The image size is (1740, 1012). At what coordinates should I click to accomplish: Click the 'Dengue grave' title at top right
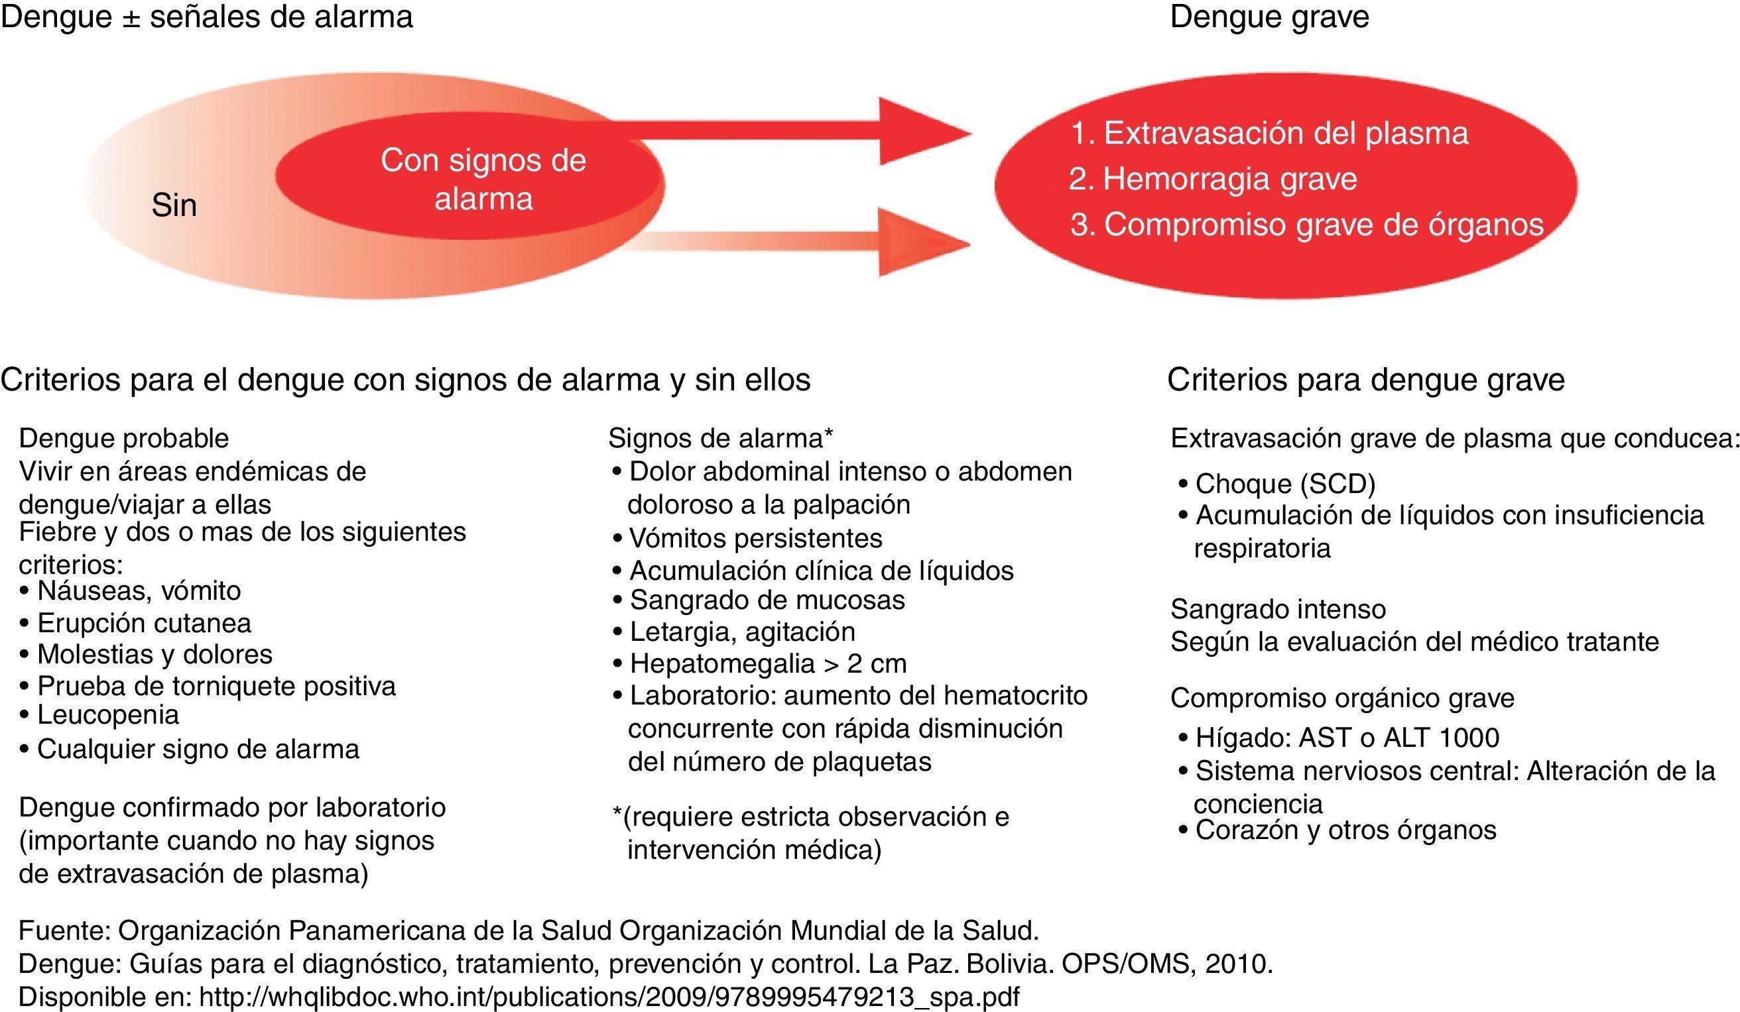click(x=1269, y=17)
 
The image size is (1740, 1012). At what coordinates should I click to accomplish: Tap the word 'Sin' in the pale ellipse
click(x=174, y=205)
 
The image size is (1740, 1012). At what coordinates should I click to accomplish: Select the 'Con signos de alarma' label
click(x=483, y=180)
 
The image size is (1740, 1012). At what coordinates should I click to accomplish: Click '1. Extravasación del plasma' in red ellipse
click(x=1269, y=133)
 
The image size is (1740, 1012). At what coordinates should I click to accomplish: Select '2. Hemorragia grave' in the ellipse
click(x=1212, y=180)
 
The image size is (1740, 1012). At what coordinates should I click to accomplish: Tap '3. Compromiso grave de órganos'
click(x=1306, y=225)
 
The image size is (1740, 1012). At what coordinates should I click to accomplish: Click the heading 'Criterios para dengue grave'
click(x=1366, y=380)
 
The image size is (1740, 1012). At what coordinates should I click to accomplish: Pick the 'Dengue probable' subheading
click(x=123, y=438)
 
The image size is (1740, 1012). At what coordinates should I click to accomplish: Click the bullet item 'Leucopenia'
click(x=107, y=714)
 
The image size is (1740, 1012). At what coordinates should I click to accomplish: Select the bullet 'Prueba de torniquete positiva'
click(x=216, y=685)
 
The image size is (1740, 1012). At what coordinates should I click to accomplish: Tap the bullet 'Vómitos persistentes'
click(x=755, y=538)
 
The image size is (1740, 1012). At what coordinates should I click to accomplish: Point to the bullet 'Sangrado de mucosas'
click(x=767, y=600)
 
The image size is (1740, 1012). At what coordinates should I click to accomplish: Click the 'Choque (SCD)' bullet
click(x=1285, y=484)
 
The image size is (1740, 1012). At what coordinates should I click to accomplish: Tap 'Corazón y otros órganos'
click(x=1345, y=830)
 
